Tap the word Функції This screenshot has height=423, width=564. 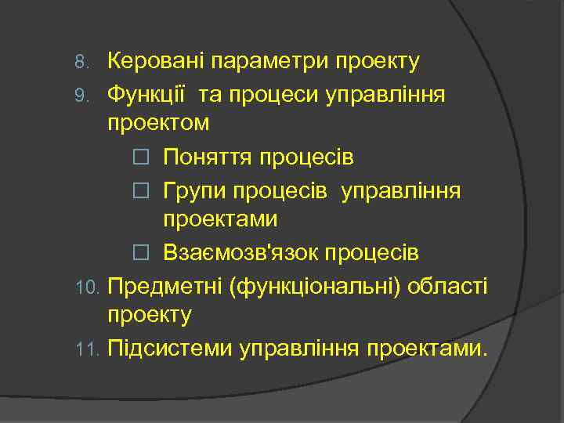147,95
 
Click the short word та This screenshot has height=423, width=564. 210,96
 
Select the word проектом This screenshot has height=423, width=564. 158,125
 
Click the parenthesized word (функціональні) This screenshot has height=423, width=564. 318,287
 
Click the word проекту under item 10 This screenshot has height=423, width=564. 150,316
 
